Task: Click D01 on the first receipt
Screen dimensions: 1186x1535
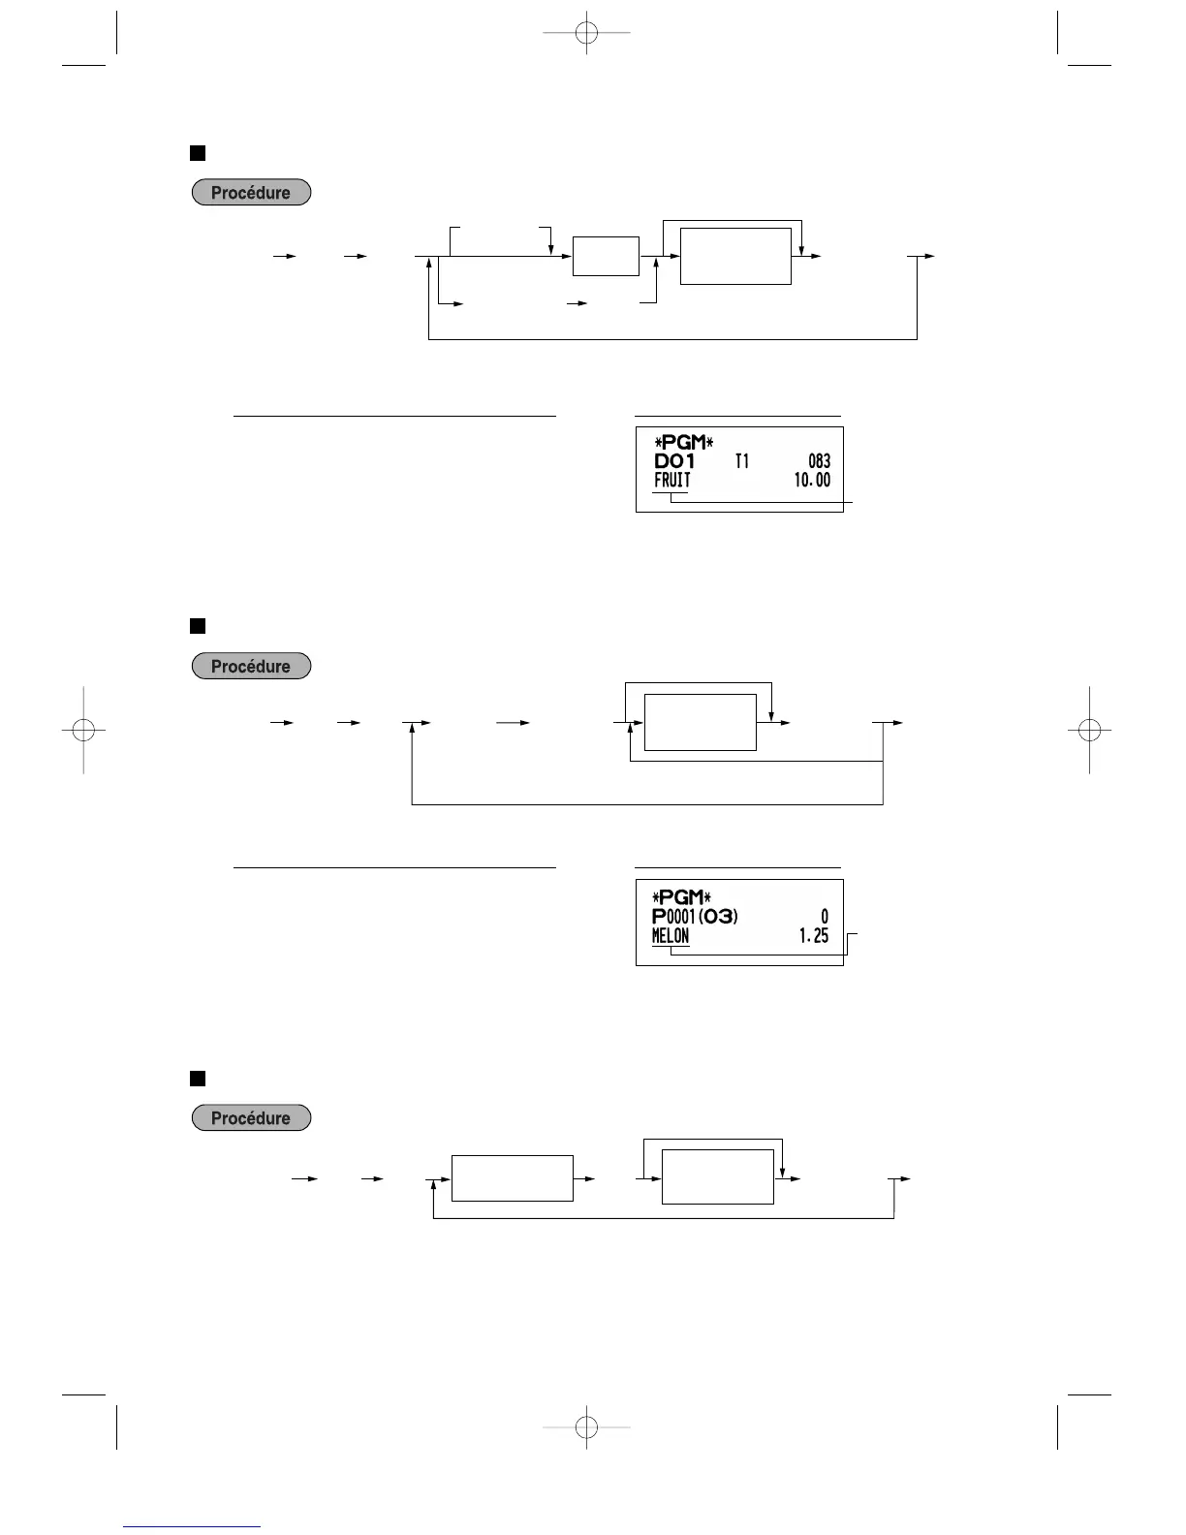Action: pos(674,462)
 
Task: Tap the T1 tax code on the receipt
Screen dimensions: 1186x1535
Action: pos(741,462)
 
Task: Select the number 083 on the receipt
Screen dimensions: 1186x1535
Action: pos(819,462)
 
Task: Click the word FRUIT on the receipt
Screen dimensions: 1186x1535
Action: pos(672,481)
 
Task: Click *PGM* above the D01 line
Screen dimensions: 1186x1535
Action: pos(683,444)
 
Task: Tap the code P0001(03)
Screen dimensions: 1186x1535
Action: pos(695,916)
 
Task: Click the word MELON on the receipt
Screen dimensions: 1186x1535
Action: pos(671,936)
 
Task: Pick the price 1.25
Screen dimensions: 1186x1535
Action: pos(814,936)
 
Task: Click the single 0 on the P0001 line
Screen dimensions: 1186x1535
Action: pos(825,916)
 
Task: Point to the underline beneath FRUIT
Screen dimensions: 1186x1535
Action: pos(670,494)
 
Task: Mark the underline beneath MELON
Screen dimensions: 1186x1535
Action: pos(671,949)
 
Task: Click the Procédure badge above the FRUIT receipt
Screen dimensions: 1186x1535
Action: pos(251,193)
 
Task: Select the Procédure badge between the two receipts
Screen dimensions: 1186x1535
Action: pos(251,667)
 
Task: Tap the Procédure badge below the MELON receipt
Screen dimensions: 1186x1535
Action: pos(251,1118)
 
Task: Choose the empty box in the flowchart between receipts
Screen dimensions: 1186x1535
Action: pos(700,722)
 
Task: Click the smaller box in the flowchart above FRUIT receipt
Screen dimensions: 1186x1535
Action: pos(606,256)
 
